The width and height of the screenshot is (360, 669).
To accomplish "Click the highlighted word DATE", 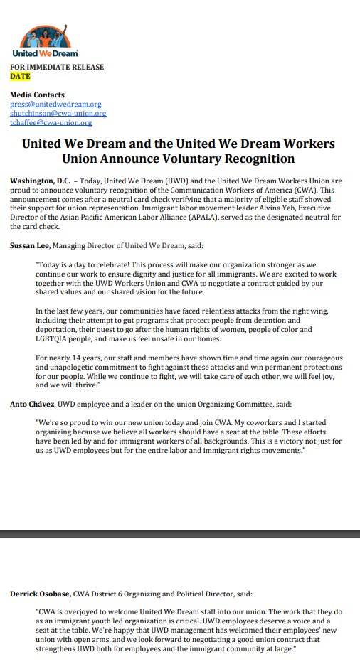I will [x=20, y=76].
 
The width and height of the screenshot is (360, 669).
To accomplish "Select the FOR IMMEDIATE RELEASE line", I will [x=56, y=67].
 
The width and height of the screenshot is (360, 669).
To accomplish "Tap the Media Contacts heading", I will [x=37, y=95].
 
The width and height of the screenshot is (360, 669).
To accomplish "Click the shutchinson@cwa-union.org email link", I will [x=58, y=113].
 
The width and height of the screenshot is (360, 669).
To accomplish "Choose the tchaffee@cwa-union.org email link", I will [x=51, y=122].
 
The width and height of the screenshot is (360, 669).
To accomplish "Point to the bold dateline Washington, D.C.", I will [x=40, y=181].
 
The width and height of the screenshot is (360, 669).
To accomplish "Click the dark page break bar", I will [x=180, y=533].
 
